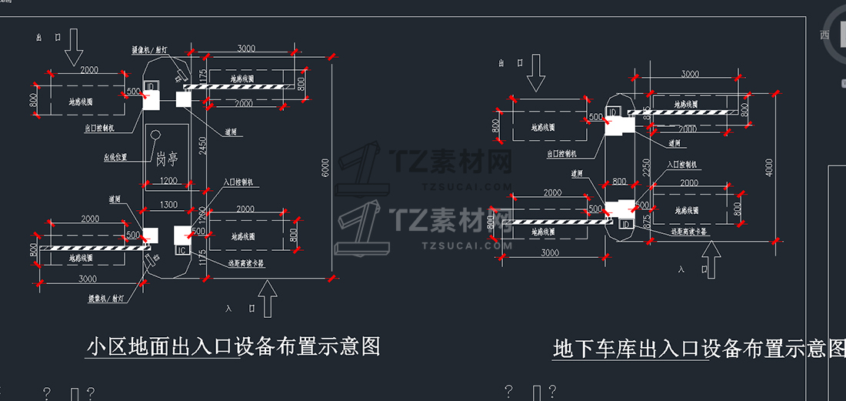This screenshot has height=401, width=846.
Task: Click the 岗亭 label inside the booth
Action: (167, 159)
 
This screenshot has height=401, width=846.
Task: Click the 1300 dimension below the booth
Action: (168, 205)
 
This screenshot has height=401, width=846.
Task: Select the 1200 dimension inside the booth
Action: (168, 181)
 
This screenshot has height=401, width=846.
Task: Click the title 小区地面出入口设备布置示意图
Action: (234, 346)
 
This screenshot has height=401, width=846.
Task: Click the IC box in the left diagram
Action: (182, 250)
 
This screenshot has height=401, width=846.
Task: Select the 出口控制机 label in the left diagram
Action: (99, 128)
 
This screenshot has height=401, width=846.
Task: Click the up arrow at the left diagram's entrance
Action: (268, 299)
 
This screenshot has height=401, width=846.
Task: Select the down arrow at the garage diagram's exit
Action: (536, 73)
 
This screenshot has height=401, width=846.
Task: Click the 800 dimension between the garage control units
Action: (620, 182)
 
